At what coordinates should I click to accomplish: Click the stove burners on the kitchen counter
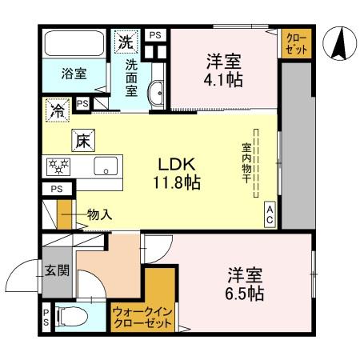point(60,167)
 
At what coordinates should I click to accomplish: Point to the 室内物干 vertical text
point(247,164)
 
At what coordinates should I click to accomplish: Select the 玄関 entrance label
point(56,270)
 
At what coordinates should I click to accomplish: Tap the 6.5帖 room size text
point(245,294)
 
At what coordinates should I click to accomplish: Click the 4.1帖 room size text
point(224,80)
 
